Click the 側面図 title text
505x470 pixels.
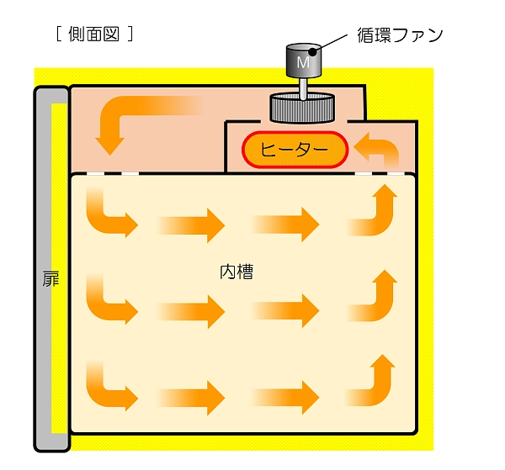[94, 34]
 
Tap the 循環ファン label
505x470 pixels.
[400, 35]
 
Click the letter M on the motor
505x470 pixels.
[303, 62]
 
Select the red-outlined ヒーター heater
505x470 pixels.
[295, 150]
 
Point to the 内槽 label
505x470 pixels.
[237, 272]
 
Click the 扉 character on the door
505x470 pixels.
[50, 278]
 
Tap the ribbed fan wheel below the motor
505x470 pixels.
[302, 108]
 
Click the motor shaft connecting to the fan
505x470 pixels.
[303, 87]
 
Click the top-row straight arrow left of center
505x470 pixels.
[191, 225]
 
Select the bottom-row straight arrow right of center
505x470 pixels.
[285, 398]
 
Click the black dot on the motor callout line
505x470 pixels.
[312, 51]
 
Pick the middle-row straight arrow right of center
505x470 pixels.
[285, 311]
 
